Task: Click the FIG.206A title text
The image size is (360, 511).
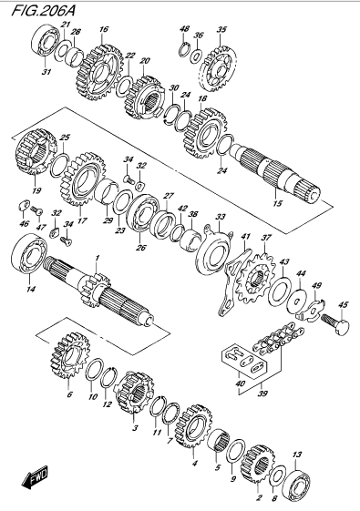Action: [x=44, y=10]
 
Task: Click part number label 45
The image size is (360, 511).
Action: [x=343, y=305]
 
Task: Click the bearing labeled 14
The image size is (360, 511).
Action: [x=29, y=253]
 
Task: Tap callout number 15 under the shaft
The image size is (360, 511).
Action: [x=277, y=203]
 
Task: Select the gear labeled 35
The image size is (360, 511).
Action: [x=218, y=68]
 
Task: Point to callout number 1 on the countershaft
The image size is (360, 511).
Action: [x=97, y=258]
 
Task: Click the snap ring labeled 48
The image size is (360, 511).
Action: [x=184, y=49]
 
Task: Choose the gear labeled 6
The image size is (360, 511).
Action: [x=70, y=354]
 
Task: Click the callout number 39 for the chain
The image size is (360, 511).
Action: [x=262, y=393]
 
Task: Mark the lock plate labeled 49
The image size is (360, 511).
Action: [x=313, y=309]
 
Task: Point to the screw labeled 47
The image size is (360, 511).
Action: [x=36, y=211]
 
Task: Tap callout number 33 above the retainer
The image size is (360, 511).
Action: [x=221, y=217]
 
